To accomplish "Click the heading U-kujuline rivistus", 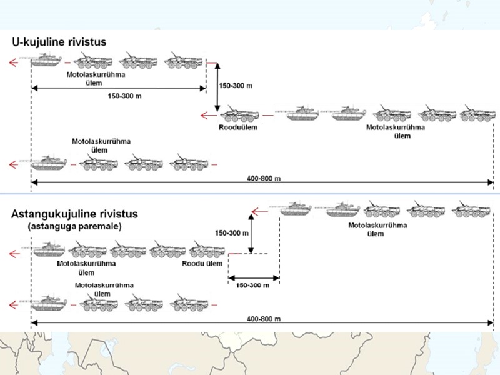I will [57, 42].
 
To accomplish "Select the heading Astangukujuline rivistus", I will [74, 214].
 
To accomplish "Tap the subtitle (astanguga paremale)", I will [66, 226].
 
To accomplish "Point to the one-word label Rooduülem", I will [238, 127].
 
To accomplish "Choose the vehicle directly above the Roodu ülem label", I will [207, 251].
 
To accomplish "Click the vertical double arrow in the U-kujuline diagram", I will [217, 86].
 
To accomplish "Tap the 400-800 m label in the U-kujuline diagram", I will [263, 179].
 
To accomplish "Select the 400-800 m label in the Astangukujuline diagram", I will [263, 319].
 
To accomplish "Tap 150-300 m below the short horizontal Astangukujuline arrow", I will [252, 285].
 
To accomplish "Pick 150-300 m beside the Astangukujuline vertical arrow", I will [232, 233].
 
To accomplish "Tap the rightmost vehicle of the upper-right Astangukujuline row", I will [468, 207].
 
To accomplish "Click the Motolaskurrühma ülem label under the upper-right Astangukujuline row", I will [374, 229].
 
